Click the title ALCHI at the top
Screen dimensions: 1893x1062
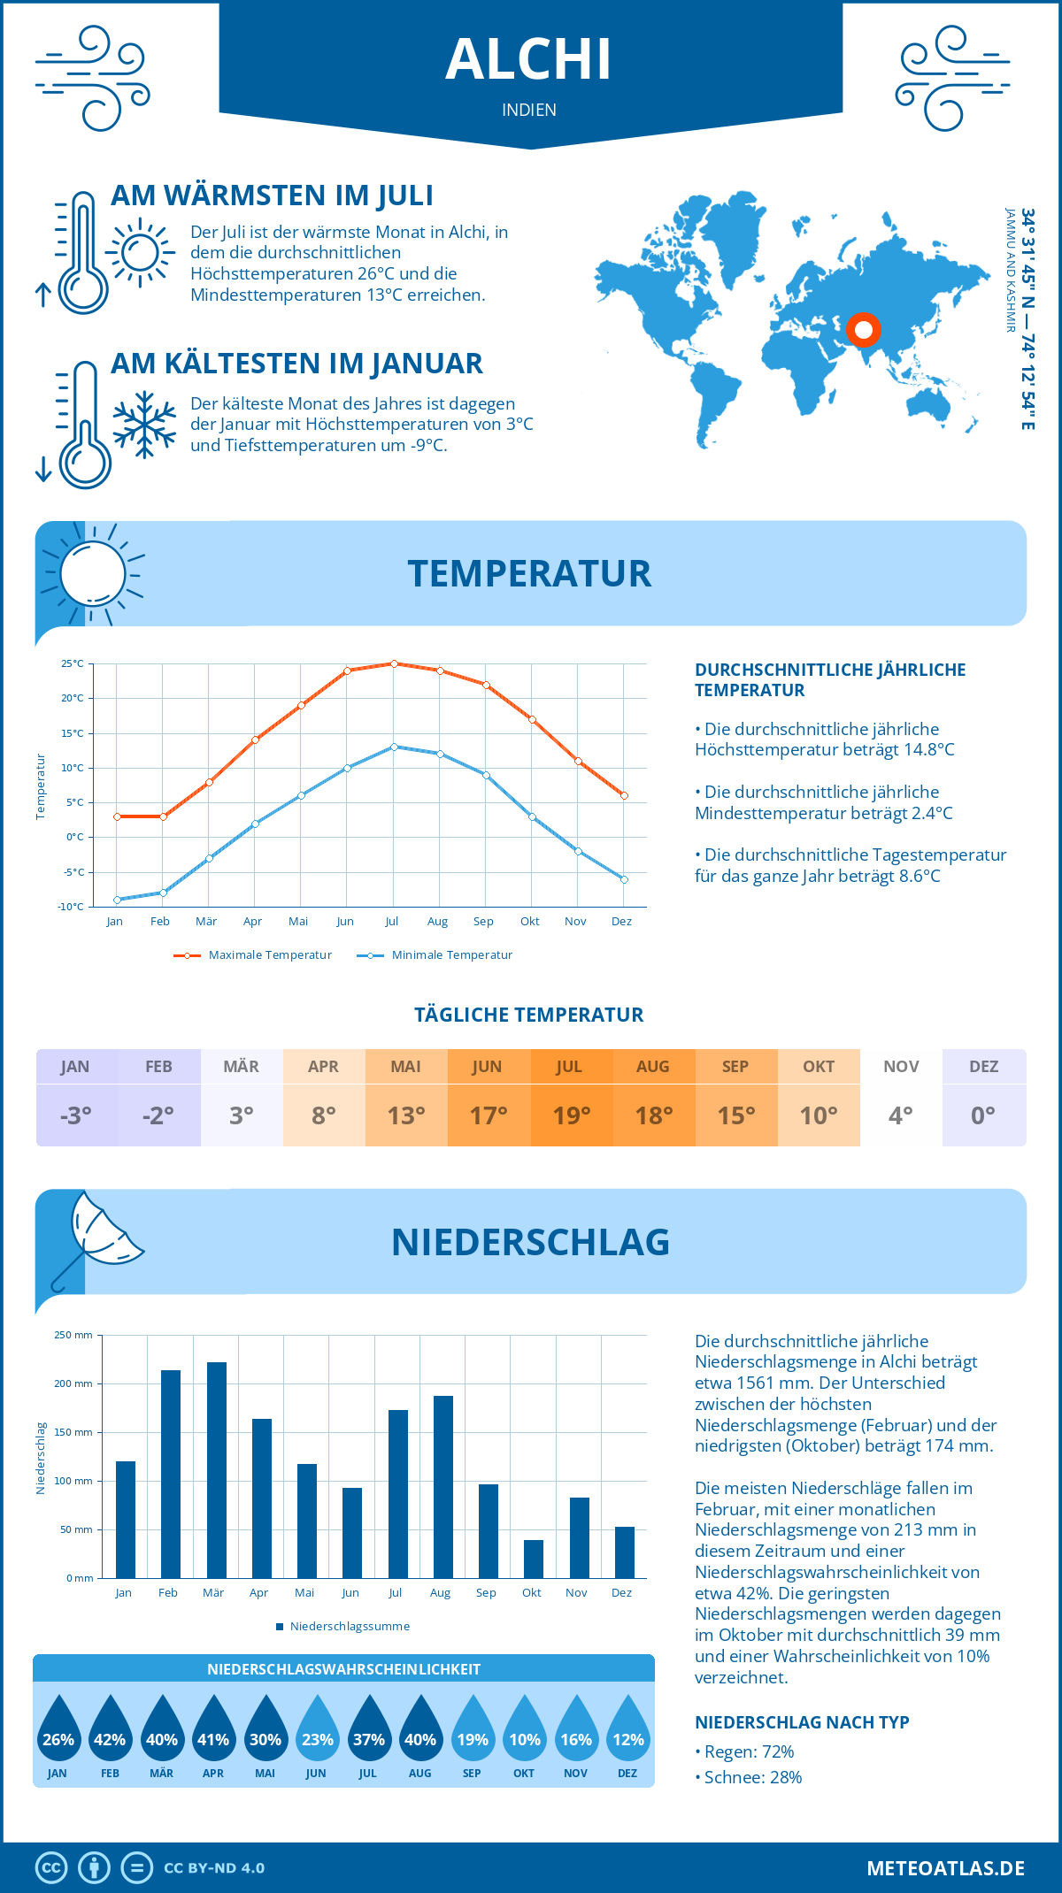coord(528,60)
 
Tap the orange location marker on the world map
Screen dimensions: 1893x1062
coord(863,330)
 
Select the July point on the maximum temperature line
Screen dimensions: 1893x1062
coord(394,663)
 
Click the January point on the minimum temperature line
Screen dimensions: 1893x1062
coord(117,900)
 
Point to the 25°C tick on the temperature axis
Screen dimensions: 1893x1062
coord(73,663)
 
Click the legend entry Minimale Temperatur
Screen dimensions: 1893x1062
coord(451,955)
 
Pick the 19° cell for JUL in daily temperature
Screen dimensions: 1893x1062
coord(571,1115)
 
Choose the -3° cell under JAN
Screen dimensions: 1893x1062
coord(76,1115)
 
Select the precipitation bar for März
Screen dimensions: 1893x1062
coord(216,1470)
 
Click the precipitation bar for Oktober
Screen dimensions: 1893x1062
coord(533,1559)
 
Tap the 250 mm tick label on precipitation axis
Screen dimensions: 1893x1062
coord(73,1335)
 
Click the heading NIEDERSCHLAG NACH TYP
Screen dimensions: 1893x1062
coord(802,1722)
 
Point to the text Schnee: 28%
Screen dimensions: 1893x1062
coord(752,1777)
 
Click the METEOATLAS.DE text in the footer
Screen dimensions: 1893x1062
coord(945,1868)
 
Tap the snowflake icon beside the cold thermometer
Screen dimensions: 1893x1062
coord(144,425)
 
